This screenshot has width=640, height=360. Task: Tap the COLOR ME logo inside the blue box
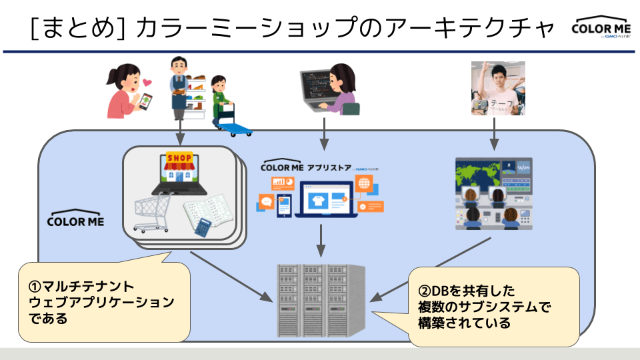point(75,220)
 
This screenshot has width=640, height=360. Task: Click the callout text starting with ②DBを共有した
point(467,291)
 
